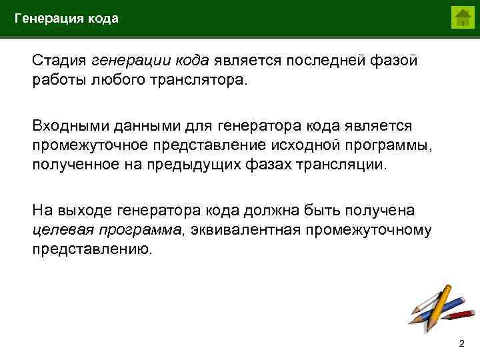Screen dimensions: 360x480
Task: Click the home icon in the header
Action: click(462, 17)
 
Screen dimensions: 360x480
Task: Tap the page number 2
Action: click(461, 343)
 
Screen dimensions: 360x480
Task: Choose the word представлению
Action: click(93, 250)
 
